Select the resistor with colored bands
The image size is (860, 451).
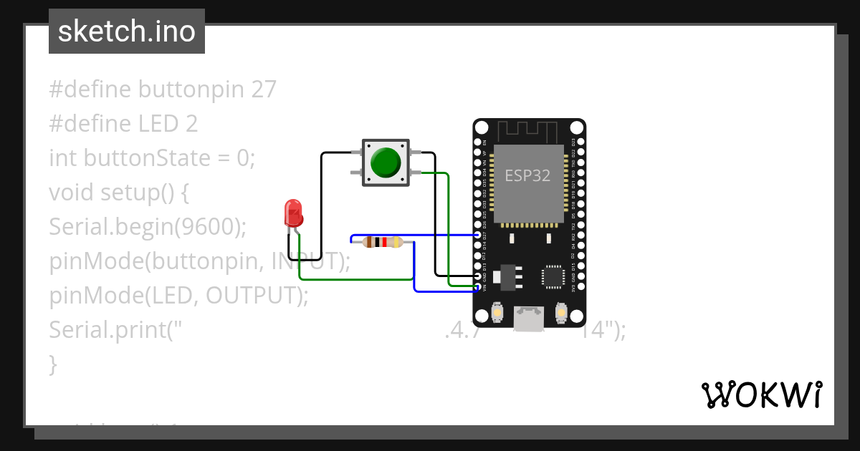382,242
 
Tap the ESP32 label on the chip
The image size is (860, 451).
527,175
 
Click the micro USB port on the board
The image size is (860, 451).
529,317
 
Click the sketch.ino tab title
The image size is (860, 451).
126,31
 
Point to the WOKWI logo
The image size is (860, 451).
761,394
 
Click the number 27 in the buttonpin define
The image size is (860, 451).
263,89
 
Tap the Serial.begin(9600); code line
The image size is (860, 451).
148,227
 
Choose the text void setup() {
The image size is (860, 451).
118,193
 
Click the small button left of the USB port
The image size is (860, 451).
497,314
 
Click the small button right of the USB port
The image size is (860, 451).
561,314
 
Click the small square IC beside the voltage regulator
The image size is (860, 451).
553,276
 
